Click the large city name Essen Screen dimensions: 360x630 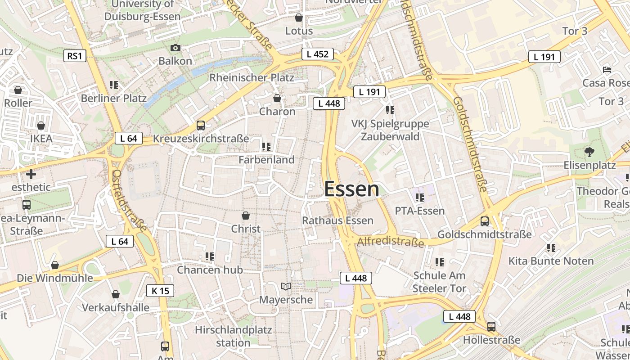[351, 189]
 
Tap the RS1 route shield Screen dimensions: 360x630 [74, 56]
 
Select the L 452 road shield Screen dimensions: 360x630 [317, 54]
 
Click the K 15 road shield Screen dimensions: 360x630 [160, 291]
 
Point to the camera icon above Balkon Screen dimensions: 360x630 [175, 48]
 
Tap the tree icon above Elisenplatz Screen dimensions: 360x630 [589, 152]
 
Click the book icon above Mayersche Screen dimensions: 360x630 [285, 286]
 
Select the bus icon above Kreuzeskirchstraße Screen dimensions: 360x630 [201, 126]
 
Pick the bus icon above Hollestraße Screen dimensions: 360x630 [491, 327]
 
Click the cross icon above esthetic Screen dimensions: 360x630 [31, 174]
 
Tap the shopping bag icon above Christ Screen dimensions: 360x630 [246, 216]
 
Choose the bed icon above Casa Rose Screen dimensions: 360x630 [607, 70]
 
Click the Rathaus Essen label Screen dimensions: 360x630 [337, 220]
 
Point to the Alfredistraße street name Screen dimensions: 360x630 [390, 242]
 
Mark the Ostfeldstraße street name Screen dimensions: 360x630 [129, 201]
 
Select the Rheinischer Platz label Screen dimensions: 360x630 [252, 77]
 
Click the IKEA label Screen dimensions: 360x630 [41, 138]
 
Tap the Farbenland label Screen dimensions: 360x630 [266, 159]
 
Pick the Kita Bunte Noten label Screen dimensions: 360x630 [551, 261]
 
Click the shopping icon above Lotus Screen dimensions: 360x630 [298, 18]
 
